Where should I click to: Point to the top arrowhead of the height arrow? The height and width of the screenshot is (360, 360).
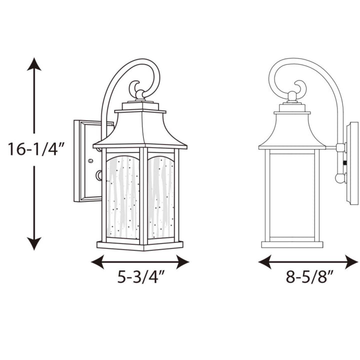click(x=34, y=64)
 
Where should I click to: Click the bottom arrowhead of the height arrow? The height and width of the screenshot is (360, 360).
click(x=34, y=243)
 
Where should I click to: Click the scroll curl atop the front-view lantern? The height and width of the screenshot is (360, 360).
click(x=137, y=89)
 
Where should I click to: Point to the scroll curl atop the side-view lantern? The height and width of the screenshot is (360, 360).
click(x=300, y=88)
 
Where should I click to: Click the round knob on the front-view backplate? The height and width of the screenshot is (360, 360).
click(x=98, y=175)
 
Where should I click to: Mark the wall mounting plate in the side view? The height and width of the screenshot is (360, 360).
click(x=353, y=162)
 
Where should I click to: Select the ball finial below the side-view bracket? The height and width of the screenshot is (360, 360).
click(x=340, y=177)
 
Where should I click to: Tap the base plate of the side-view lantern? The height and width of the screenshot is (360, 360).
click(x=292, y=244)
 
